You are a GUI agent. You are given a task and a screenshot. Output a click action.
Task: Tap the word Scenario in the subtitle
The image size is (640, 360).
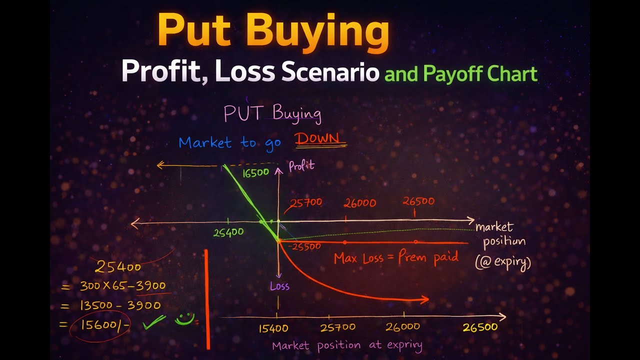pyautogui.click(x=330, y=72)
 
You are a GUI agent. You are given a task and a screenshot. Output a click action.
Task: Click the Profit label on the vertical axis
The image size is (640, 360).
pyautogui.click(x=301, y=166)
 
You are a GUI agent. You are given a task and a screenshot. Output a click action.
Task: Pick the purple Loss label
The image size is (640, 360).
pyautogui.click(x=279, y=286)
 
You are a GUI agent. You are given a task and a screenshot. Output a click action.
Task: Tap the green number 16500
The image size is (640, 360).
pyautogui.click(x=256, y=172)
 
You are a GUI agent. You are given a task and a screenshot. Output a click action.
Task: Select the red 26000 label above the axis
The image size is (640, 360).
pyautogui.click(x=359, y=203)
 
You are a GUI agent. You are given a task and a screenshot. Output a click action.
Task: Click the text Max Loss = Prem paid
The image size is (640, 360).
pyautogui.click(x=396, y=258)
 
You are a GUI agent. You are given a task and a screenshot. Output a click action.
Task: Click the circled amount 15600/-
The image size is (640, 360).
pyautogui.click(x=100, y=324)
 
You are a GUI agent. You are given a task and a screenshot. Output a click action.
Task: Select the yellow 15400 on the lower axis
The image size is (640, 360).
pyautogui.click(x=273, y=328)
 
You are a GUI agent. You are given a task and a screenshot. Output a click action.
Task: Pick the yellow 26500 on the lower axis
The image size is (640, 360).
pyautogui.click(x=479, y=327)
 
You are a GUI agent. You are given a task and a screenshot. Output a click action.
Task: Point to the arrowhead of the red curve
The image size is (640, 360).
pyautogui.click(x=425, y=299)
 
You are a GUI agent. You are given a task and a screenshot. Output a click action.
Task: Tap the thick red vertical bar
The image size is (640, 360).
pyautogui.click(x=207, y=299)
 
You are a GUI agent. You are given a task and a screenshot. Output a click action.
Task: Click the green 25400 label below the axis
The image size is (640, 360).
pyautogui.click(x=228, y=232)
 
